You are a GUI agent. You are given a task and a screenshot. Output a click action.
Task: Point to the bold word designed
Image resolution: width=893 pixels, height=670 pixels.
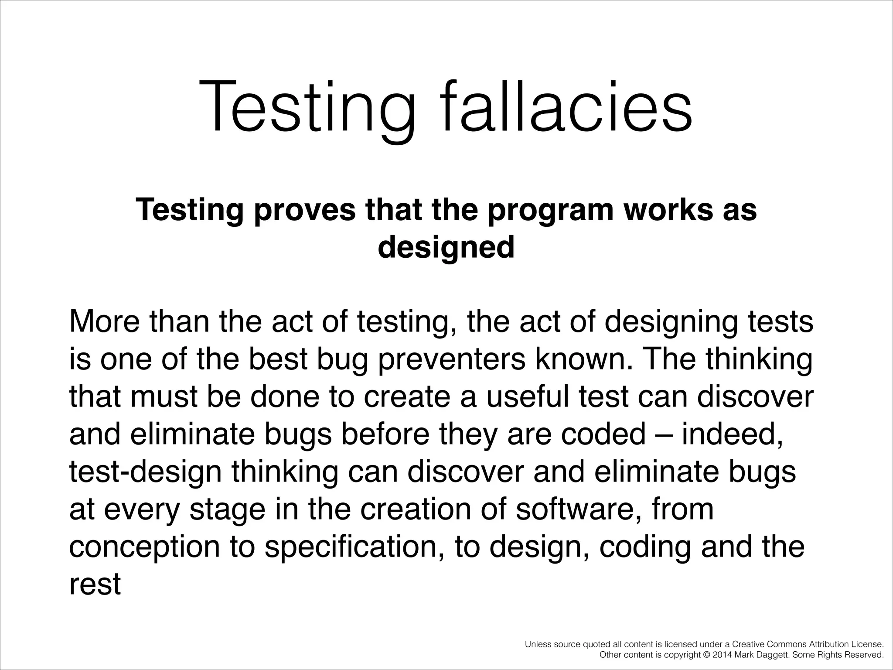[446, 248]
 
